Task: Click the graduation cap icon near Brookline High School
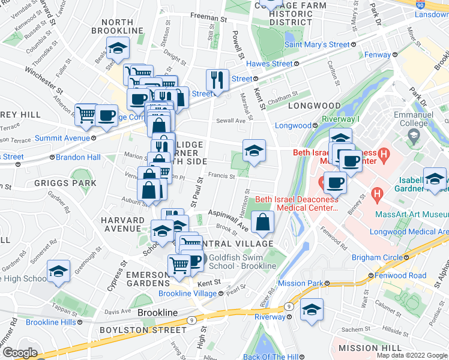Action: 58,272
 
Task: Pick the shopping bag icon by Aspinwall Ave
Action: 262,222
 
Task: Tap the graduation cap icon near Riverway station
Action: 312,310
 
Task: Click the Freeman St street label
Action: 208,18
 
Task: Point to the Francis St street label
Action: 220,176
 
